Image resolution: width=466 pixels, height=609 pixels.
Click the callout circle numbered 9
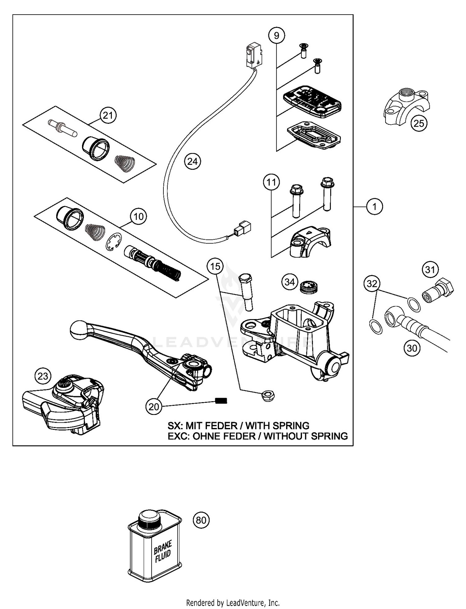click(276, 35)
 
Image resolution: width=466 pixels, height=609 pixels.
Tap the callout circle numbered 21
click(108, 115)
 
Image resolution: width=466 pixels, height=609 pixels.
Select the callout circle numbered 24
click(192, 161)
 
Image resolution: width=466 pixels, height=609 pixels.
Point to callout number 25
click(419, 123)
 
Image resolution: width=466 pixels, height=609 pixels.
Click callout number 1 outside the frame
click(374, 207)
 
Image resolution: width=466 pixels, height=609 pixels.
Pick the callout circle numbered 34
click(290, 282)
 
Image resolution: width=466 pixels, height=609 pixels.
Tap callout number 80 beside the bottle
click(201, 520)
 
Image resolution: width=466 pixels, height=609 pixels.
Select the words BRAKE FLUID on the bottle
click(163, 551)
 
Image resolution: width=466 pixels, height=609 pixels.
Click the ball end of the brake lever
click(80, 330)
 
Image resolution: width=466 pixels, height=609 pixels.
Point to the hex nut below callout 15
click(267, 396)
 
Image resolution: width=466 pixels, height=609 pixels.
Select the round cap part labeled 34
click(309, 286)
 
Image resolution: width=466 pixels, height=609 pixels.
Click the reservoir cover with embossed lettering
click(312, 102)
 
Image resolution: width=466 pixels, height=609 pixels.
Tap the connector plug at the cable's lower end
click(243, 229)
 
